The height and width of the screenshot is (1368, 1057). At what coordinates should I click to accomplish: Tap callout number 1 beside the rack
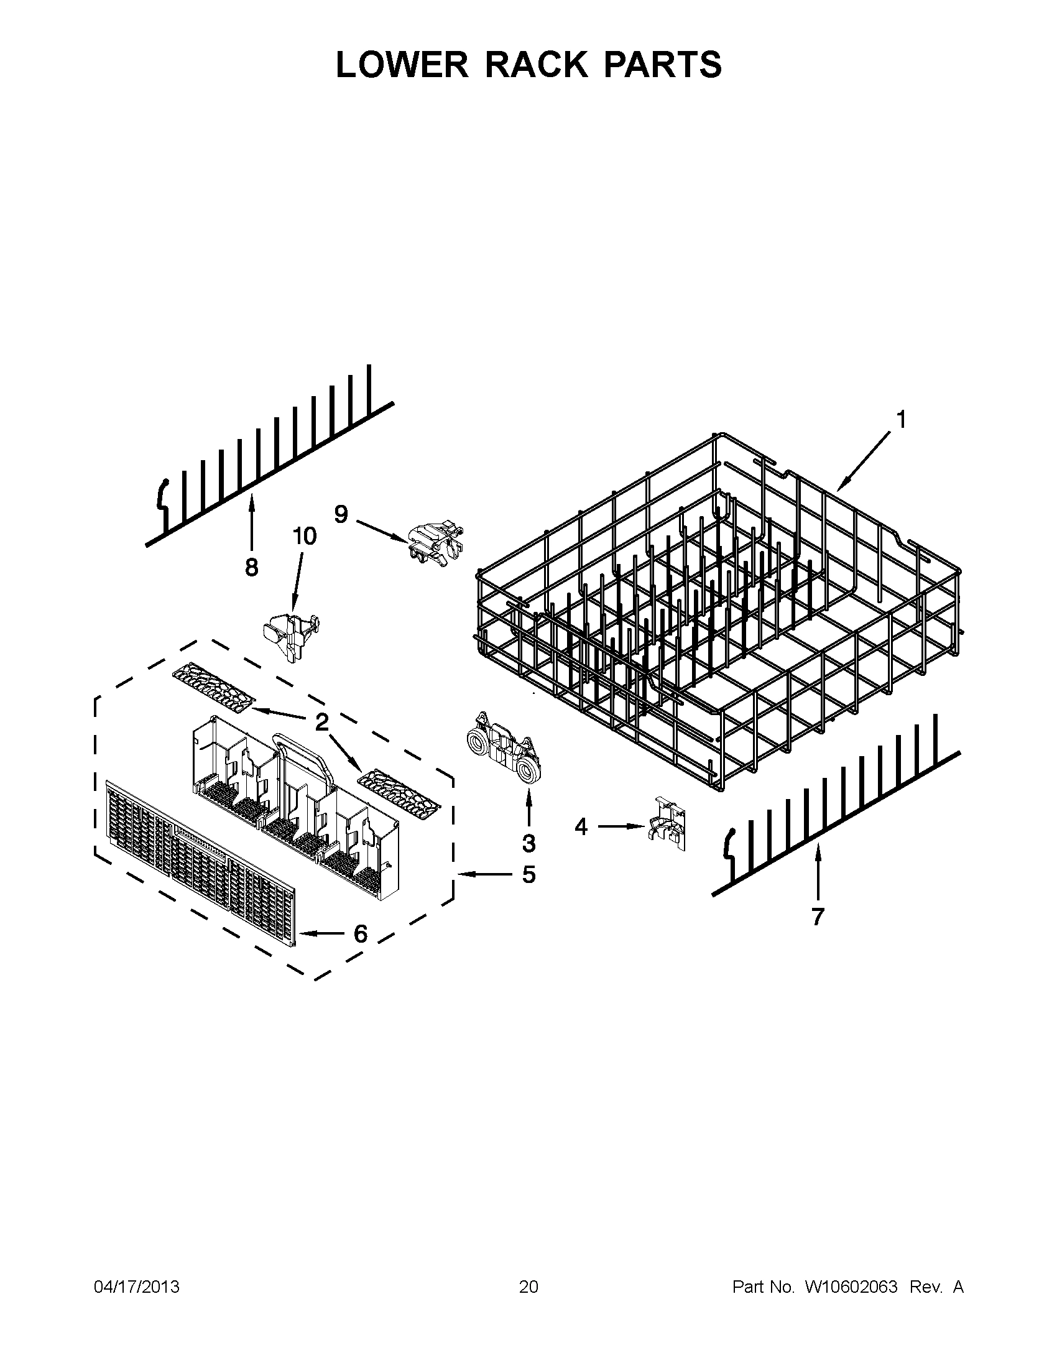(x=900, y=420)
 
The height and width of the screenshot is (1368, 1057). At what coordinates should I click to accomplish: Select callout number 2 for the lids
(x=322, y=722)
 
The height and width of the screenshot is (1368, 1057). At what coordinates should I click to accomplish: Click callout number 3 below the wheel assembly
(x=528, y=844)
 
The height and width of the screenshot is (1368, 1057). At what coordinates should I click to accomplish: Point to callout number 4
(x=581, y=828)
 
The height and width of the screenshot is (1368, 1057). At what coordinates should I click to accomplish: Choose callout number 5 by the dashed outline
(x=528, y=874)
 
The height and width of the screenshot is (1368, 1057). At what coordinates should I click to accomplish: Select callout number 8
(x=251, y=568)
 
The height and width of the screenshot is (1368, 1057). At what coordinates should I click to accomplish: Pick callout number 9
(x=341, y=514)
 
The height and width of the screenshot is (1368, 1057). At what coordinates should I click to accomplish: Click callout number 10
(x=304, y=536)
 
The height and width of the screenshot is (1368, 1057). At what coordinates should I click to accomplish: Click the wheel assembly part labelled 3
(x=504, y=746)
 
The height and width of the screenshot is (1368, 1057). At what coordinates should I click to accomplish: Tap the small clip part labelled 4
(x=668, y=824)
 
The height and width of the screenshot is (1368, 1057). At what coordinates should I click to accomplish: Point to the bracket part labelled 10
(x=290, y=634)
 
